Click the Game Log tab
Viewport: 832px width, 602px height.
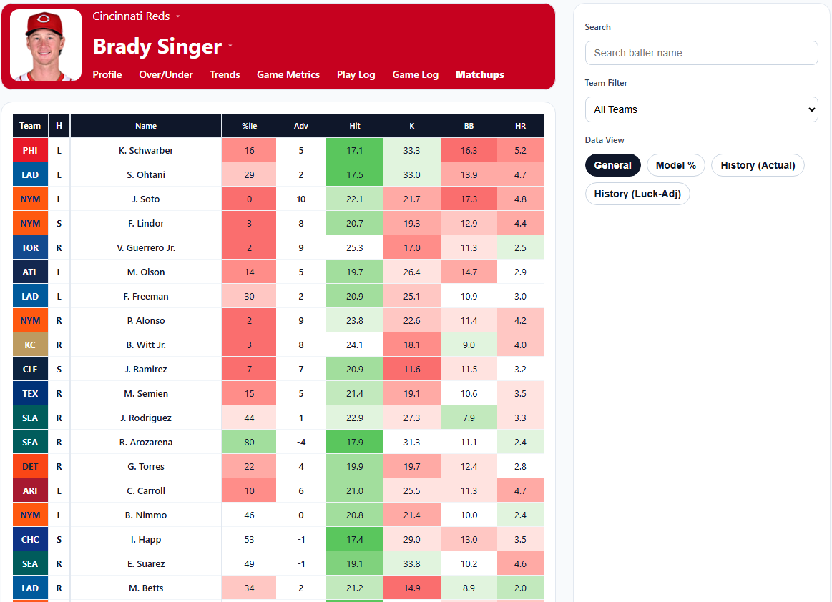pos(415,74)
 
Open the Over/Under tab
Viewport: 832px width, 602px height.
pos(166,74)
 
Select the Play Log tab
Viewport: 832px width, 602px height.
pos(356,74)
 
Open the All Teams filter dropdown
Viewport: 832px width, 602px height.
pos(701,109)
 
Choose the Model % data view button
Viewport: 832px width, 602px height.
pos(675,165)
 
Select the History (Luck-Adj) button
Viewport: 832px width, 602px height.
pos(637,194)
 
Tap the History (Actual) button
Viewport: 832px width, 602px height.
pos(758,165)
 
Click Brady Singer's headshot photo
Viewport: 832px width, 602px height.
pos(46,45)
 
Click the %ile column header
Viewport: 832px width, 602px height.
pos(249,126)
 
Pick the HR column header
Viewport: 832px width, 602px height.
pos(520,126)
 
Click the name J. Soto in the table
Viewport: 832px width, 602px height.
pos(146,199)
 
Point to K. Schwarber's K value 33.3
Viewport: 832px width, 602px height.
pos(411,151)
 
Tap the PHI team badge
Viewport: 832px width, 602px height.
pos(30,151)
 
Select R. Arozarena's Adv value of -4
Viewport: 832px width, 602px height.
pos(301,443)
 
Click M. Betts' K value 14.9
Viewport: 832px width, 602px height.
pos(411,588)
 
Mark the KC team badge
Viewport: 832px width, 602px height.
pos(30,345)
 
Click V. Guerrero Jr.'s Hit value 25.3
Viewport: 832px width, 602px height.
pos(354,248)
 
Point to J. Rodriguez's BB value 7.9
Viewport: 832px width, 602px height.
pos(469,418)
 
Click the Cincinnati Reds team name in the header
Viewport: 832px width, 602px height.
pos(132,16)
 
